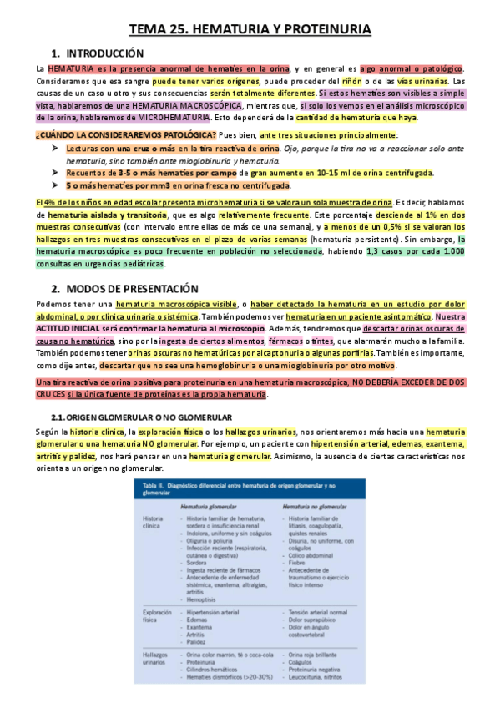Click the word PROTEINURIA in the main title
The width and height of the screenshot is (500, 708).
click(327, 29)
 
